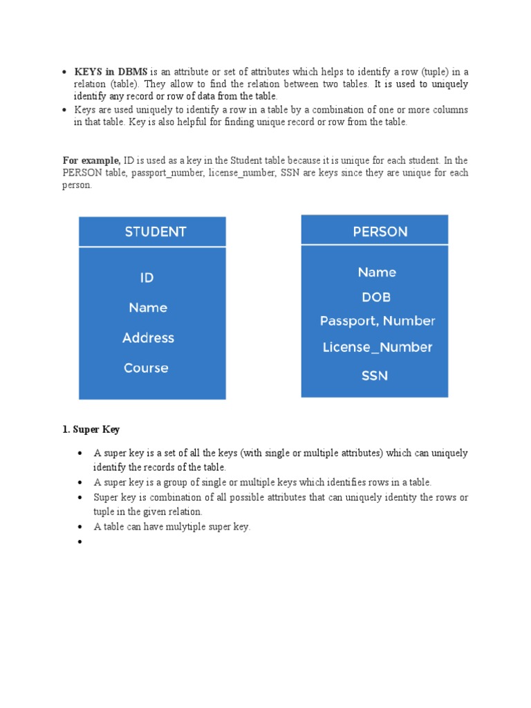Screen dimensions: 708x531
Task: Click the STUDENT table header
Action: [x=155, y=232]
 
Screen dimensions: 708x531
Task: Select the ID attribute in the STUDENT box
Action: [x=147, y=277]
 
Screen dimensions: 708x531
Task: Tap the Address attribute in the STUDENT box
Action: [x=148, y=338]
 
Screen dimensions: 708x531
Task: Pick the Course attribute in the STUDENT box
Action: [x=146, y=368]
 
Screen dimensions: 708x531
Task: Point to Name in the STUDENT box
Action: [x=148, y=308]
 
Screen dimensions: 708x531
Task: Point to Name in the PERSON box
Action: [x=377, y=272]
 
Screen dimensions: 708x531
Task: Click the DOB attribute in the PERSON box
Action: [x=376, y=297]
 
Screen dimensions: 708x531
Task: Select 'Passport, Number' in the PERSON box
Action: [x=378, y=322]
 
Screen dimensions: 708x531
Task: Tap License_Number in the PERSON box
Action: [x=378, y=347]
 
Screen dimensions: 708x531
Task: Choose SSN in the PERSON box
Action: [x=375, y=376]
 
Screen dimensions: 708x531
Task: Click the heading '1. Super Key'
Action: [x=91, y=429]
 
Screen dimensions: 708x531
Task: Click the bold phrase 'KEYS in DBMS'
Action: [x=111, y=72]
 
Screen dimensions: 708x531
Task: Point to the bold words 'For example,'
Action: [x=91, y=160]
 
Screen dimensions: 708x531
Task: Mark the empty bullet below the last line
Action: [x=80, y=542]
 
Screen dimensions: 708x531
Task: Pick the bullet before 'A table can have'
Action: [x=80, y=527]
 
